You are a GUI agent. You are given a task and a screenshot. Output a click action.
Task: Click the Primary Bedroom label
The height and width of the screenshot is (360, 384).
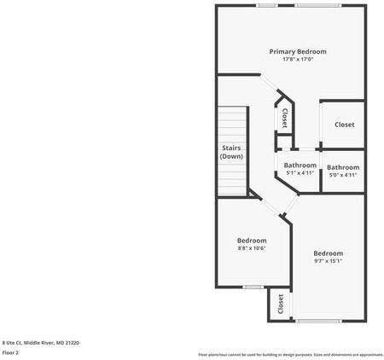298,52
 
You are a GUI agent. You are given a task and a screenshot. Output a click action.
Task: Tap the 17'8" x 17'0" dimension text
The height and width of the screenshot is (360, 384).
298,60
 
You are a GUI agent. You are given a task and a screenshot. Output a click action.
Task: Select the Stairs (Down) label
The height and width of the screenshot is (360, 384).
231,153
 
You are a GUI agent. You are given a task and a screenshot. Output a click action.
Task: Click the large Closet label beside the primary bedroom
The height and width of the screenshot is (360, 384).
344,125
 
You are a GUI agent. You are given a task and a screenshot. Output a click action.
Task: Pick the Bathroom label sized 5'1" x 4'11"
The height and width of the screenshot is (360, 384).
300,165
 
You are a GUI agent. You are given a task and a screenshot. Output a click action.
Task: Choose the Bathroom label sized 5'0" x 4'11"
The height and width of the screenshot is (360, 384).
343,167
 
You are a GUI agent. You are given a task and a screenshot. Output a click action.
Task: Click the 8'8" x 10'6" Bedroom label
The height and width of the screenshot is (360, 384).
252,241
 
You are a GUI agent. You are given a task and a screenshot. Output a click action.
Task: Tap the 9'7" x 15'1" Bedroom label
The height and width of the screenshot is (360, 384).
328,253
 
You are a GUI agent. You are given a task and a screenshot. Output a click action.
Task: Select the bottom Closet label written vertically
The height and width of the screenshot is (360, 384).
281,305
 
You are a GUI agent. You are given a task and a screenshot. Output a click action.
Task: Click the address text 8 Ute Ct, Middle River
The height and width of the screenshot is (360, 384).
40,342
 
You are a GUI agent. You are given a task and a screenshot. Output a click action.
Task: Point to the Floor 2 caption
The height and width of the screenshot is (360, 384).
10,351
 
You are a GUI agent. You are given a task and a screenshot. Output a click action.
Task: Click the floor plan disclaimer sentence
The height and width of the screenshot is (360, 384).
290,354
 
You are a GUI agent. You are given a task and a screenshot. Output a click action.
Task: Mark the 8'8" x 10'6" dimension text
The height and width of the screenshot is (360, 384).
252,248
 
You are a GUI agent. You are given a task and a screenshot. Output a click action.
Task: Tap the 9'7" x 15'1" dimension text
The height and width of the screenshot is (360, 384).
328,261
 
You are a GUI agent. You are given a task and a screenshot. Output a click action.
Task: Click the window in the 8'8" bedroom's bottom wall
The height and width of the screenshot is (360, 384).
253,287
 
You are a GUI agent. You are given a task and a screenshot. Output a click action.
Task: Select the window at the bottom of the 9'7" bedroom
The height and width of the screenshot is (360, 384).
322,321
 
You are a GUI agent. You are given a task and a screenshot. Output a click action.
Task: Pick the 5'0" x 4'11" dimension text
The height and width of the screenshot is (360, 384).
343,174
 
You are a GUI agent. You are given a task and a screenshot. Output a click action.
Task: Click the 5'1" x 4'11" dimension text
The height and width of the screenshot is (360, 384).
300,173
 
